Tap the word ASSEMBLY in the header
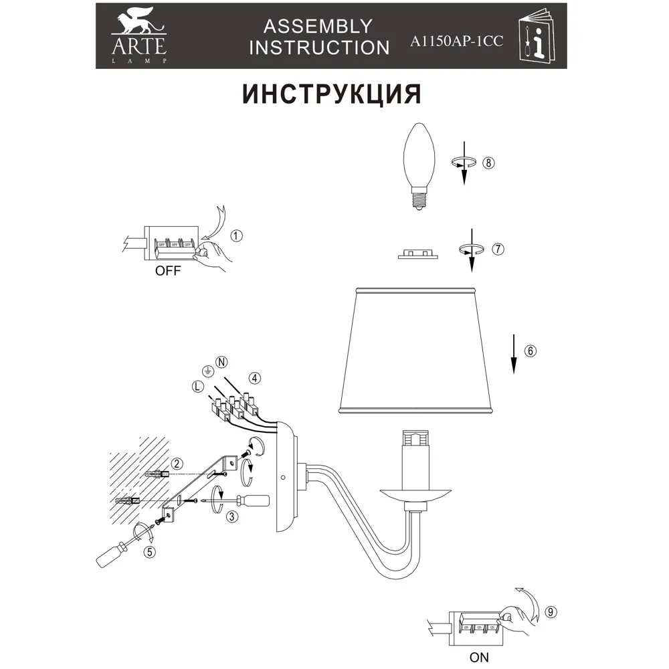coord(318,26)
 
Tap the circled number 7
coord(497,249)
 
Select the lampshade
coord(419,348)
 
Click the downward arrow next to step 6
coord(513,355)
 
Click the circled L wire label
coord(197,386)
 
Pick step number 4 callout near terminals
coord(254,377)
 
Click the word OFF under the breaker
coord(168,272)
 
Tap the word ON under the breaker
coord(479,657)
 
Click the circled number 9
coord(551,611)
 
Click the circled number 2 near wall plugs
coord(177,464)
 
